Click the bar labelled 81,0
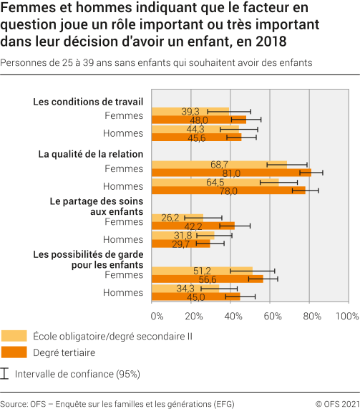[232, 173]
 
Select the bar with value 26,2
[178, 217]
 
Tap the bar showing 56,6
[208, 279]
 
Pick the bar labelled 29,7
[182, 244]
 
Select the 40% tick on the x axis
[233, 315]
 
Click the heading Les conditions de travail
[88, 102]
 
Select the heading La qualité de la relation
[91, 154]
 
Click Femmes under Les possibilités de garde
[124, 274]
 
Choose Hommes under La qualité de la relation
[123, 186]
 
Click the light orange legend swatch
[14, 335]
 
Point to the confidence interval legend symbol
[6, 373]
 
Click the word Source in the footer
[14, 403]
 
